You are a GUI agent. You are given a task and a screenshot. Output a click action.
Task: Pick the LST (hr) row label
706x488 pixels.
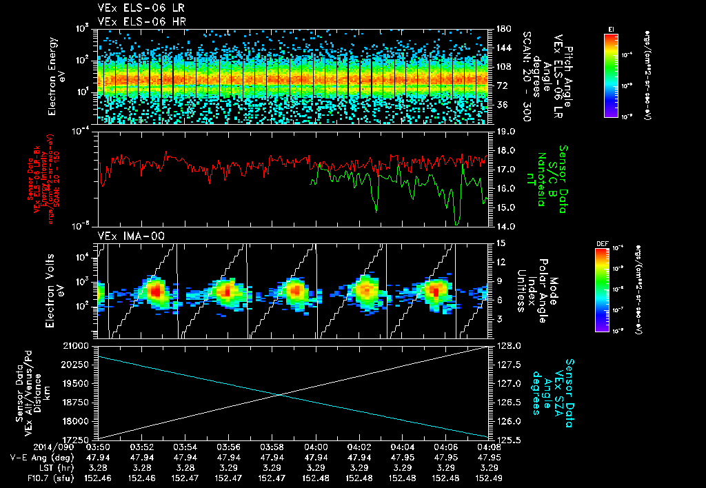pos(33,467)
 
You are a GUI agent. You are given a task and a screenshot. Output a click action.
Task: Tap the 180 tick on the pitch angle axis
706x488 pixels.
pos(503,29)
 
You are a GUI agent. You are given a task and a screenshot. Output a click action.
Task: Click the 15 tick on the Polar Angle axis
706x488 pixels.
pos(501,243)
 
